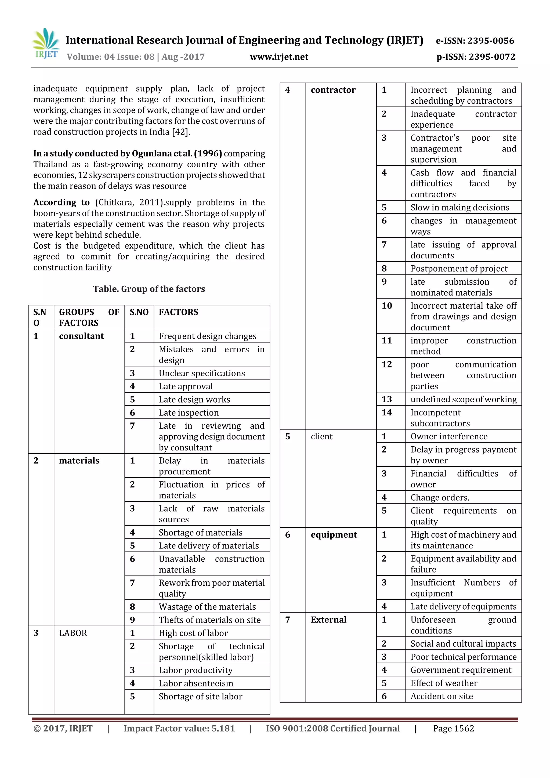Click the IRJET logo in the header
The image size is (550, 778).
pos(46,44)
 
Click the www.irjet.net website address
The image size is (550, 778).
pos(279,57)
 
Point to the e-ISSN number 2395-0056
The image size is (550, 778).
pos(475,41)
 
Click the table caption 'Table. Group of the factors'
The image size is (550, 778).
pos(149,289)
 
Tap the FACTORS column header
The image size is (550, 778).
pos(178,312)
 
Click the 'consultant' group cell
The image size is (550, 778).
pos(81,336)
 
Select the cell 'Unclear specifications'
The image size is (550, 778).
pos(202,373)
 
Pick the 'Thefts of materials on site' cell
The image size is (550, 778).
pos(209,620)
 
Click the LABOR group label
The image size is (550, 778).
pos(73,633)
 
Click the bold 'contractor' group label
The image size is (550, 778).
pos(333,90)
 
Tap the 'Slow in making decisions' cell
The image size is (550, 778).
pos(459,207)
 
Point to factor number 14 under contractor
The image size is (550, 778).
pos(387,412)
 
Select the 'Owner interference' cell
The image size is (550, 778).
pos(449,436)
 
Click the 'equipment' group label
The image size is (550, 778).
pos(334,535)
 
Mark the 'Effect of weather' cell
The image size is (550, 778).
pos(444,683)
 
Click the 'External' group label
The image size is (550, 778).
pos(328,620)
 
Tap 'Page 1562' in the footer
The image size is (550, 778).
pos(453,729)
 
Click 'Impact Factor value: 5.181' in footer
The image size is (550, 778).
pos(179,729)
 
